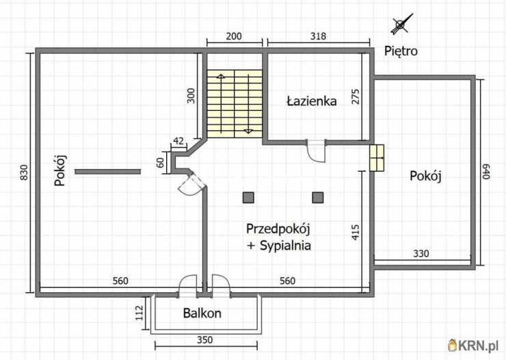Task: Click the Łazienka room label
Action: tap(311, 101)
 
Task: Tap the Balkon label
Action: tap(202, 313)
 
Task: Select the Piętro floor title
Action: tap(401, 51)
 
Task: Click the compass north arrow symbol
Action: tap(401, 25)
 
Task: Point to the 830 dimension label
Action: tap(24, 172)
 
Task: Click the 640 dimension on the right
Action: tap(487, 171)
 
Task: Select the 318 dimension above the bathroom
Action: tap(317, 36)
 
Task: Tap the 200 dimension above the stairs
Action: tap(235, 36)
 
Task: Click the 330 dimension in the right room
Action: tap(421, 254)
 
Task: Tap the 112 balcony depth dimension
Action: tap(139, 313)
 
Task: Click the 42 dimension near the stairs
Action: tap(178, 141)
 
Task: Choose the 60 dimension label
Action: tap(161, 162)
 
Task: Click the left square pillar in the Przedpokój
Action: tap(248, 197)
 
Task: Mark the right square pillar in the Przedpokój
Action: tap(317, 197)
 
